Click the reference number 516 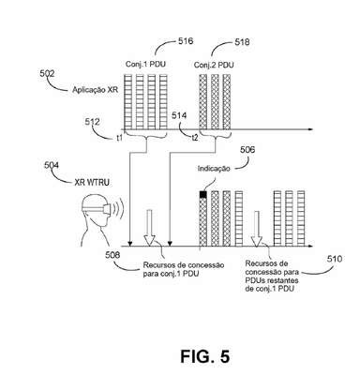coord(186,41)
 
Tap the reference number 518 coord(242,42)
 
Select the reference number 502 coord(47,73)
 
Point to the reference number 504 coord(52,165)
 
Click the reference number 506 coord(247,150)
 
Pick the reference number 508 coord(112,255)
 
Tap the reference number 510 coord(335,259)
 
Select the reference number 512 coord(93,122)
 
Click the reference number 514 coord(179,115)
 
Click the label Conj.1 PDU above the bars coord(145,64)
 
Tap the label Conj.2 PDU coord(214,65)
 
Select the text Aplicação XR coord(95,90)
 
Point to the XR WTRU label coord(92,182)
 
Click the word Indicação coord(214,169)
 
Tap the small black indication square coord(203,194)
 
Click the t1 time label coord(119,138)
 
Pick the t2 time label coord(195,138)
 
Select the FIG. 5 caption coord(205,356)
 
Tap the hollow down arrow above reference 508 coord(149,227)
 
